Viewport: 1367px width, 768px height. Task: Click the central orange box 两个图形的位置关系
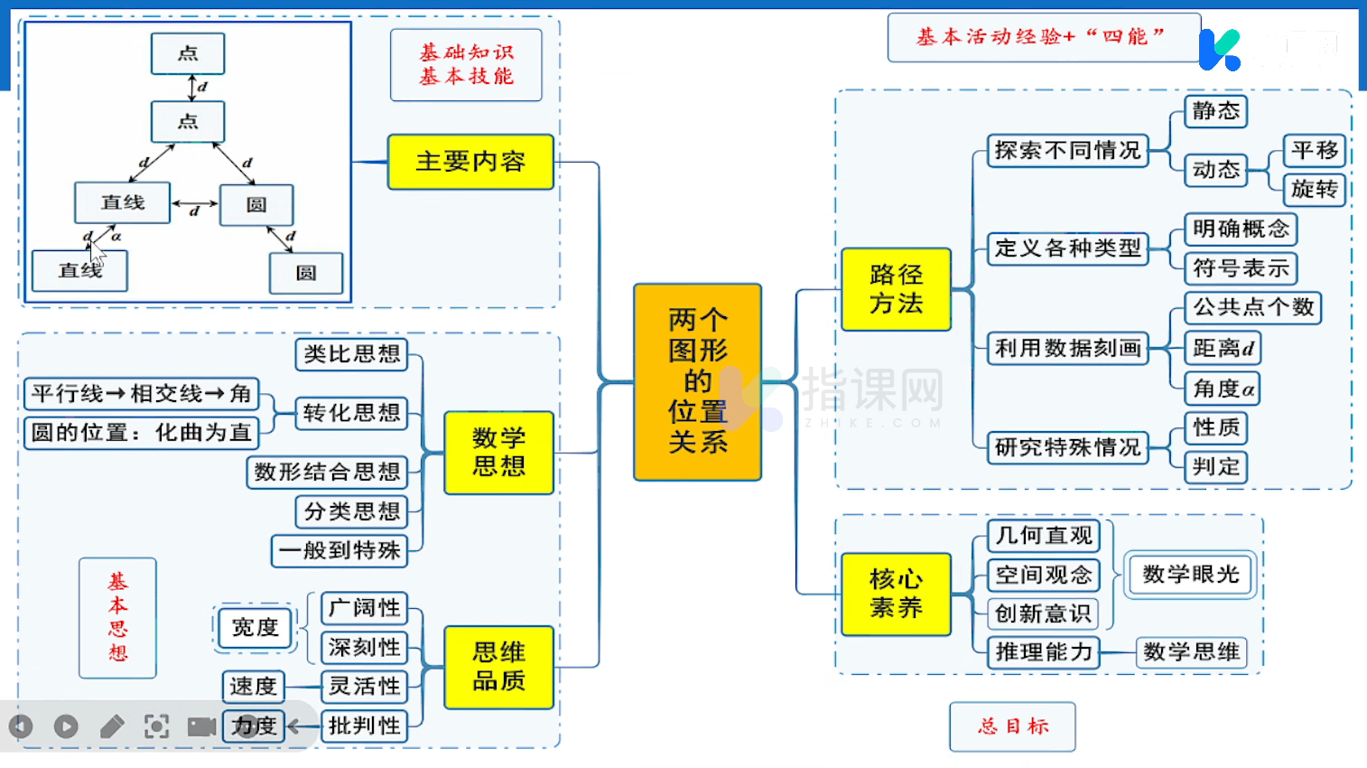click(x=697, y=381)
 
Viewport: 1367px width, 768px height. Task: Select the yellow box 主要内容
click(x=470, y=162)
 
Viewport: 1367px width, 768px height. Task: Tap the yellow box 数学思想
click(x=498, y=452)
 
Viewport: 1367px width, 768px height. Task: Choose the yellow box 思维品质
click(x=498, y=667)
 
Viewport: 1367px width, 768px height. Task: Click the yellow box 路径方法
click(x=896, y=289)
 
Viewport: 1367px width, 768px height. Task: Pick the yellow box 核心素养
click(x=896, y=594)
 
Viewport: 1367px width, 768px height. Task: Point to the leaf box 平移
click(x=1314, y=150)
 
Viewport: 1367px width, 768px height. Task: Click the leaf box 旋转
click(x=1314, y=189)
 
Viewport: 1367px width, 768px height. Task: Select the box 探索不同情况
click(x=1067, y=150)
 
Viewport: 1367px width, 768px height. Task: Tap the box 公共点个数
click(x=1252, y=307)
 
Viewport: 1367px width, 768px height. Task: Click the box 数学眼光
click(x=1190, y=575)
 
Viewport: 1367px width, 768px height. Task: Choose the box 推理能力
click(x=1044, y=651)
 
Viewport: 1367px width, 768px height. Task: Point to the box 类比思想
click(x=351, y=354)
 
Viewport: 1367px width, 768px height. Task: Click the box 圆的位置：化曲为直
click(x=141, y=433)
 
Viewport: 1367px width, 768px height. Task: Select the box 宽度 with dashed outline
click(x=255, y=628)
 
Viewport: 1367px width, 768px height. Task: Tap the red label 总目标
click(x=1012, y=726)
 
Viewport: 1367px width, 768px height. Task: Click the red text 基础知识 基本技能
click(x=466, y=65)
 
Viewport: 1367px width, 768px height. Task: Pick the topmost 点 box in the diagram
click(x=188, y=53)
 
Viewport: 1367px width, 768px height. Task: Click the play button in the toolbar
click(x=66, y=726)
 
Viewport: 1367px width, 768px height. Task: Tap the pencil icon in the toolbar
click(x=112, y=726)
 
